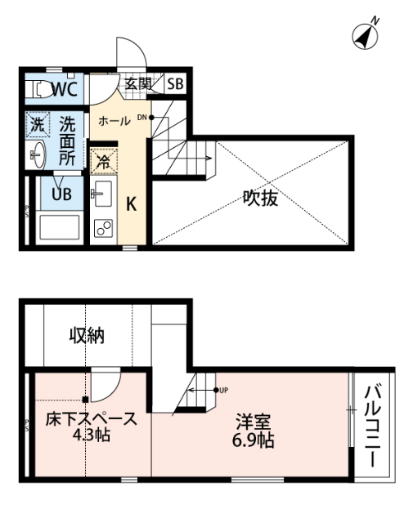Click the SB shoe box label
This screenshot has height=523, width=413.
tap(176, 83)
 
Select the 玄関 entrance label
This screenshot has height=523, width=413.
tap(138, 83)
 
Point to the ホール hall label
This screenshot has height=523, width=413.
tap(114, 121)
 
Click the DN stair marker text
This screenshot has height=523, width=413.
tap(142, 117)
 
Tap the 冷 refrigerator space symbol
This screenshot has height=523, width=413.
tap(103, 160)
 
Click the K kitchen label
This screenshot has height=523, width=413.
tap(130, 204)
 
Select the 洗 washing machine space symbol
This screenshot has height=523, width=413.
tap(37, 124)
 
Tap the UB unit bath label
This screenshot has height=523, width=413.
tap(61, 194)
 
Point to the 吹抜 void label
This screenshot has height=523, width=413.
tap(260, 197)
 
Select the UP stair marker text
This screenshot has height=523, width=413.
tap(222, 390)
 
